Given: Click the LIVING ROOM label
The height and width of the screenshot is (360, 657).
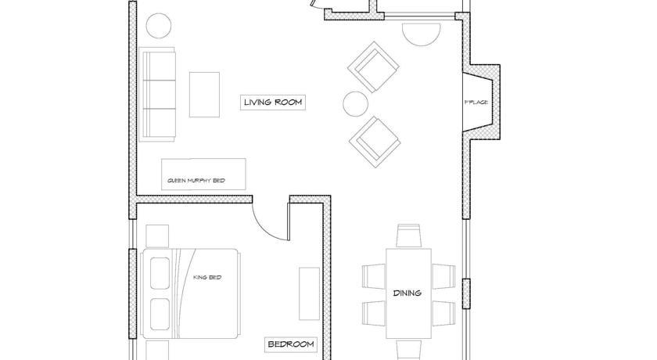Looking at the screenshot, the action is [273, 103].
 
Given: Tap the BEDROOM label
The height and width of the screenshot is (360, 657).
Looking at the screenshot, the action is [290, 344].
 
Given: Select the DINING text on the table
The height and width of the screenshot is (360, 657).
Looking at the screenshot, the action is [407, 293].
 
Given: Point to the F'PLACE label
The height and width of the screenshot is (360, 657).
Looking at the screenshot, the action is [476, 103].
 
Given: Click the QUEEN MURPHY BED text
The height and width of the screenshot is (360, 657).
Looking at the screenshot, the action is [196, 181].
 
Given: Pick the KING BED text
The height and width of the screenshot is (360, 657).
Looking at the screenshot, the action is [207, 278].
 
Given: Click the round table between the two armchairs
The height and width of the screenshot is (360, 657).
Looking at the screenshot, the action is [355, 104].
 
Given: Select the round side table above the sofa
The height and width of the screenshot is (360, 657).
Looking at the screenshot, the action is [158, 26].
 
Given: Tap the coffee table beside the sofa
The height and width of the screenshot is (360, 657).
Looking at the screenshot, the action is [204, 95].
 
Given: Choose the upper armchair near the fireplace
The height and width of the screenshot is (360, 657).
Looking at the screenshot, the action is [373, 67].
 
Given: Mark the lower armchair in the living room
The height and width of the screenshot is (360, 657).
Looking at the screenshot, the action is [375, 142].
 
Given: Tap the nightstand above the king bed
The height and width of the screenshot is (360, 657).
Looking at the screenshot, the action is [157, 236].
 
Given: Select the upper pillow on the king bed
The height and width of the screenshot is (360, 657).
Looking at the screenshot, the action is [160, 273].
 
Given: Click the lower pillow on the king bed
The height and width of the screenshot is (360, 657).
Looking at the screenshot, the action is [160, 315].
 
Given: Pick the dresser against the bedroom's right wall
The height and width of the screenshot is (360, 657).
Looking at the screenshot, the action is [309, 293].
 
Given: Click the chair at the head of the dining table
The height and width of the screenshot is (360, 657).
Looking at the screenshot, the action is [408, 236].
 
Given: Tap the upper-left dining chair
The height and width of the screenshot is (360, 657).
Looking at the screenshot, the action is [374, 276].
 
